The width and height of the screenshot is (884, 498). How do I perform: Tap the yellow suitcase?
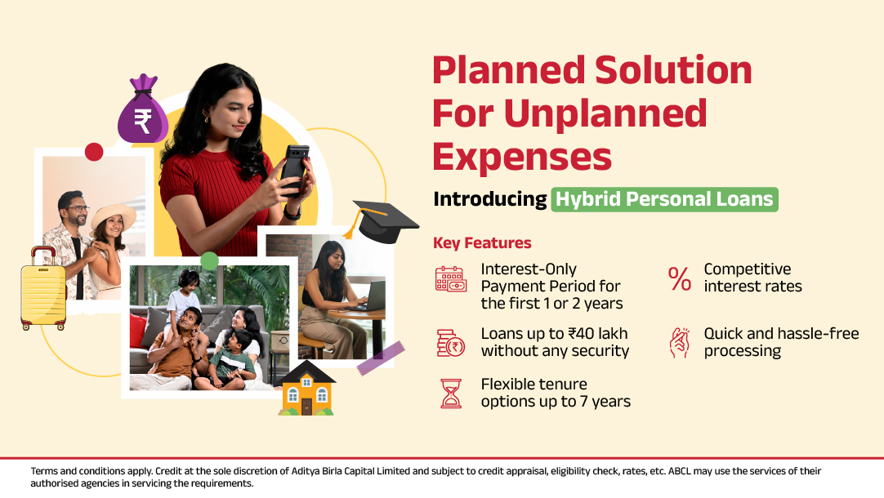point(42,289)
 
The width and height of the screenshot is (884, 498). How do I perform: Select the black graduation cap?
point(383,220)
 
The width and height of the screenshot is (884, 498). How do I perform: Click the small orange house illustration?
point(306,389)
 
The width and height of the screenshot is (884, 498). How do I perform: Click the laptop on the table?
point(368,296)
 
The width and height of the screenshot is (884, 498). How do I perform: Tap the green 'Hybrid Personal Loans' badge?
point(665,199)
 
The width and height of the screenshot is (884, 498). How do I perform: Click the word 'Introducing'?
point(490,199)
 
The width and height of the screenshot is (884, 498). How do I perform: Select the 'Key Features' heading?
point(482,242)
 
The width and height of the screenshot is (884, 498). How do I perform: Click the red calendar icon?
point(450,279)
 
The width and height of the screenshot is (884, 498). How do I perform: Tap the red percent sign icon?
point(680,279)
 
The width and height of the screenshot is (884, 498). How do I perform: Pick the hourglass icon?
point(451,394)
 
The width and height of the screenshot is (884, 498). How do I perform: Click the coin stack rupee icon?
point(450,343)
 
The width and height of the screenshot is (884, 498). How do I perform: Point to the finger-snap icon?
point(680,343)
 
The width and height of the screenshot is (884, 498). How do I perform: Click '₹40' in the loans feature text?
point(581,334)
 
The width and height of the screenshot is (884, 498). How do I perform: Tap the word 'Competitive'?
point(747,269)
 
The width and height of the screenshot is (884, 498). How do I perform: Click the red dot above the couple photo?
point(94,152)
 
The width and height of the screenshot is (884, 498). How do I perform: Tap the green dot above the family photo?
point(210,260)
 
